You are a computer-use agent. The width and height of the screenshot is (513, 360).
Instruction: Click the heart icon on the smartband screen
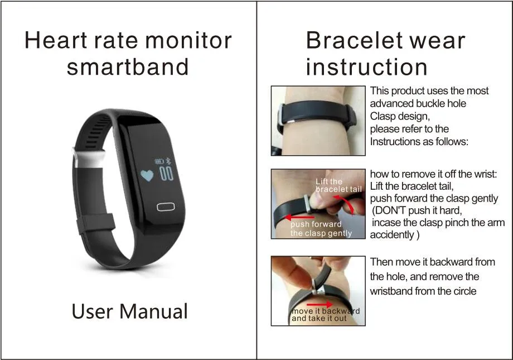click(147, 175)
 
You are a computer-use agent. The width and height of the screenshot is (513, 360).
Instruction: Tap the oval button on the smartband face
click(166, 207)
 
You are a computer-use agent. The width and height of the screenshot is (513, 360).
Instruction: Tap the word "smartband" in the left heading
click(128, 67)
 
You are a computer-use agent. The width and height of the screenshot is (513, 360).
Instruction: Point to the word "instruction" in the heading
click(366, 67)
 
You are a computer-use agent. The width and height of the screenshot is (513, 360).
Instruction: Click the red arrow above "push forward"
click(299, 217)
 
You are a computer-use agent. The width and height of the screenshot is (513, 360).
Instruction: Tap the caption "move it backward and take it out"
click(325, 315)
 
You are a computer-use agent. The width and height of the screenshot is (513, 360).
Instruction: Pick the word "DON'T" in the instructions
click(393, 210)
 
